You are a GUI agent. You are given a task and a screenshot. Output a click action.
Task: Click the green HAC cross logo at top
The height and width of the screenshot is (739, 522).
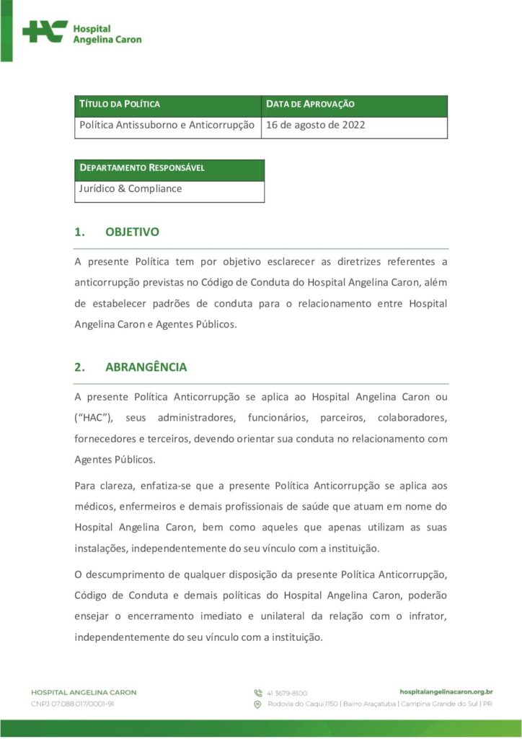point(45,32)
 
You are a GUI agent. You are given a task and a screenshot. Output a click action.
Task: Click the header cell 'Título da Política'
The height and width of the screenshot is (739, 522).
point(120,105)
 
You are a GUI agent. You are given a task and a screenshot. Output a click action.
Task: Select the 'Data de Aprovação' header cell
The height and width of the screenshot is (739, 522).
point(310,105)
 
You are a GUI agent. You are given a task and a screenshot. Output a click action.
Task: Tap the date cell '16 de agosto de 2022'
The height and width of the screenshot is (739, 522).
point(316,125)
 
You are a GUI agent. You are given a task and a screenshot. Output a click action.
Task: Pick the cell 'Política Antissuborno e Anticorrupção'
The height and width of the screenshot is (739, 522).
point(167,125)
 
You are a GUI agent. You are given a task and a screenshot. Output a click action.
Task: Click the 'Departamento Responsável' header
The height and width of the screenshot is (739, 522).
point(142,168)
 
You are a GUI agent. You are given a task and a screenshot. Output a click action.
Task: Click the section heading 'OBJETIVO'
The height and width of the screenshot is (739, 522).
point(132,232)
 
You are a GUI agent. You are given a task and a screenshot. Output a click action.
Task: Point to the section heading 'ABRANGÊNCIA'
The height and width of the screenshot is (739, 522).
point(146,367)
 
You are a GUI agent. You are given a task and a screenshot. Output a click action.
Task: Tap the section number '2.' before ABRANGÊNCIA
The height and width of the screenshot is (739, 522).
point(79,367)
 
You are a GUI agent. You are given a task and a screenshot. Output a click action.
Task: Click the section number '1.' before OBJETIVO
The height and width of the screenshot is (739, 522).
point(79,232)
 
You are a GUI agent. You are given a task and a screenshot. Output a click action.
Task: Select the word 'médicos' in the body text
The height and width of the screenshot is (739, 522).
point(94,507)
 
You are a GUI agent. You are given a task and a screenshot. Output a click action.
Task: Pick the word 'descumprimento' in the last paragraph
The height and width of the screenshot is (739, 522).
point(123,574)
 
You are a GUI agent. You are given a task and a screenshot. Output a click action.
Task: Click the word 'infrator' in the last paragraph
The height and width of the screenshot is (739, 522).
point(427,616)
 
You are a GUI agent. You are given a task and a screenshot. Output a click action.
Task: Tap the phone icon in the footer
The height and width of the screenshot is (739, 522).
point(257,693)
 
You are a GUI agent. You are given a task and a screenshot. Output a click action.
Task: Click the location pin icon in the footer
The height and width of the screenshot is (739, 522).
point(257,704)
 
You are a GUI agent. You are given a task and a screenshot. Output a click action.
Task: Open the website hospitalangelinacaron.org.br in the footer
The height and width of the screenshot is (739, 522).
point(446,691)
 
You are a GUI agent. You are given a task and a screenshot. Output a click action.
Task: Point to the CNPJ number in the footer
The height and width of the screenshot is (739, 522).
point(73,704)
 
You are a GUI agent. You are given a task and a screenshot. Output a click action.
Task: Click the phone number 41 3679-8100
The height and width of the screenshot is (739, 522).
point(287,693)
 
